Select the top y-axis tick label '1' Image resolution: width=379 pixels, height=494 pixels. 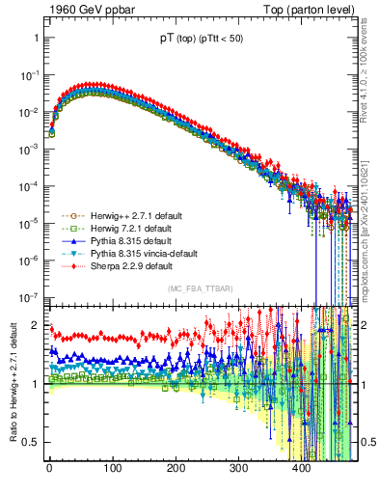tap(35, 38)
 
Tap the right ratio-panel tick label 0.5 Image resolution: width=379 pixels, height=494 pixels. tap(369, 442)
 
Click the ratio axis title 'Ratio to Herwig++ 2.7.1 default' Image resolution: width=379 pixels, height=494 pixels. tap(11, 384)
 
